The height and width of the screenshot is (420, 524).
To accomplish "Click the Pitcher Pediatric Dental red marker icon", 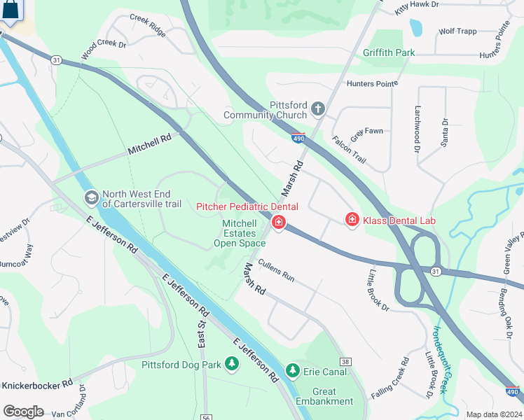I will pyautogui.click(x=279, y=223).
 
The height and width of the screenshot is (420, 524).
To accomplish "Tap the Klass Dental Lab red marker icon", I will pyautogui.click(x=352, y=220).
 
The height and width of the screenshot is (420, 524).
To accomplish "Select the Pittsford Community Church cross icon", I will pyautogui.click(x=318, y=108).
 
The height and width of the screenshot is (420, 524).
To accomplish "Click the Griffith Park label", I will pyautogui.click(x=389, y=52).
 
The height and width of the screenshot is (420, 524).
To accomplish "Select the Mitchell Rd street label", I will pyautogui.click(x=150, y=145).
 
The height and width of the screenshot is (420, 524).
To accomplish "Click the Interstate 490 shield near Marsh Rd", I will pyautogui.click(x=298, y=138).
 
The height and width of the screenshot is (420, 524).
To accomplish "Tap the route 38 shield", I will pyautogui.click(x=345, y=361).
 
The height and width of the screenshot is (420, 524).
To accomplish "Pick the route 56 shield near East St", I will pyautogui.click(x=205, y=417).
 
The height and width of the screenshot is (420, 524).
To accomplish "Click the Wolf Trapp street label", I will pyautogui.click(x=457, y=31).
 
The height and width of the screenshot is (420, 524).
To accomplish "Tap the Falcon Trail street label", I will pyautogui.click(x=348, y=149).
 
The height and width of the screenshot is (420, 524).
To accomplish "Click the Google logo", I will pyautogui.click(x=22, y=412).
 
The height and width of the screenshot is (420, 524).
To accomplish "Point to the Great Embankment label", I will pyautogui.click(x=324, y=396).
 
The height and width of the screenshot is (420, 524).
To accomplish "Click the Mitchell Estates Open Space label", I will pyautogui.click(x=240, y=234).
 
